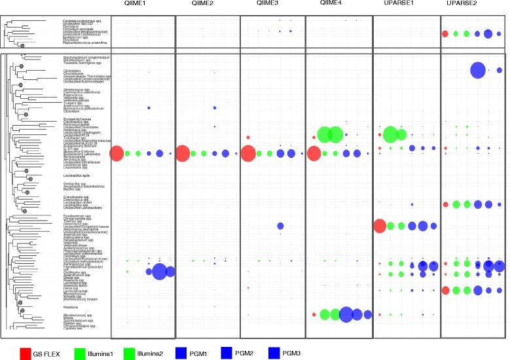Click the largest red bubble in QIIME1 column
(117, 154)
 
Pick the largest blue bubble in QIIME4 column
(346, 315)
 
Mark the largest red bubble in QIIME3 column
(248, 154)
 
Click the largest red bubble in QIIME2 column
(183, 154)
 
